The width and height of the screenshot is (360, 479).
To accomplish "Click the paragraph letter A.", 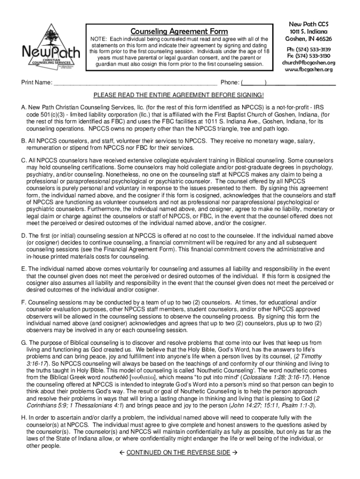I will coord(23,107).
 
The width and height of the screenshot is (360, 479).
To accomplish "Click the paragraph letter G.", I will coord(24,343).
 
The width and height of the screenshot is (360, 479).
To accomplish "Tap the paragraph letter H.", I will coord(24,417).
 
